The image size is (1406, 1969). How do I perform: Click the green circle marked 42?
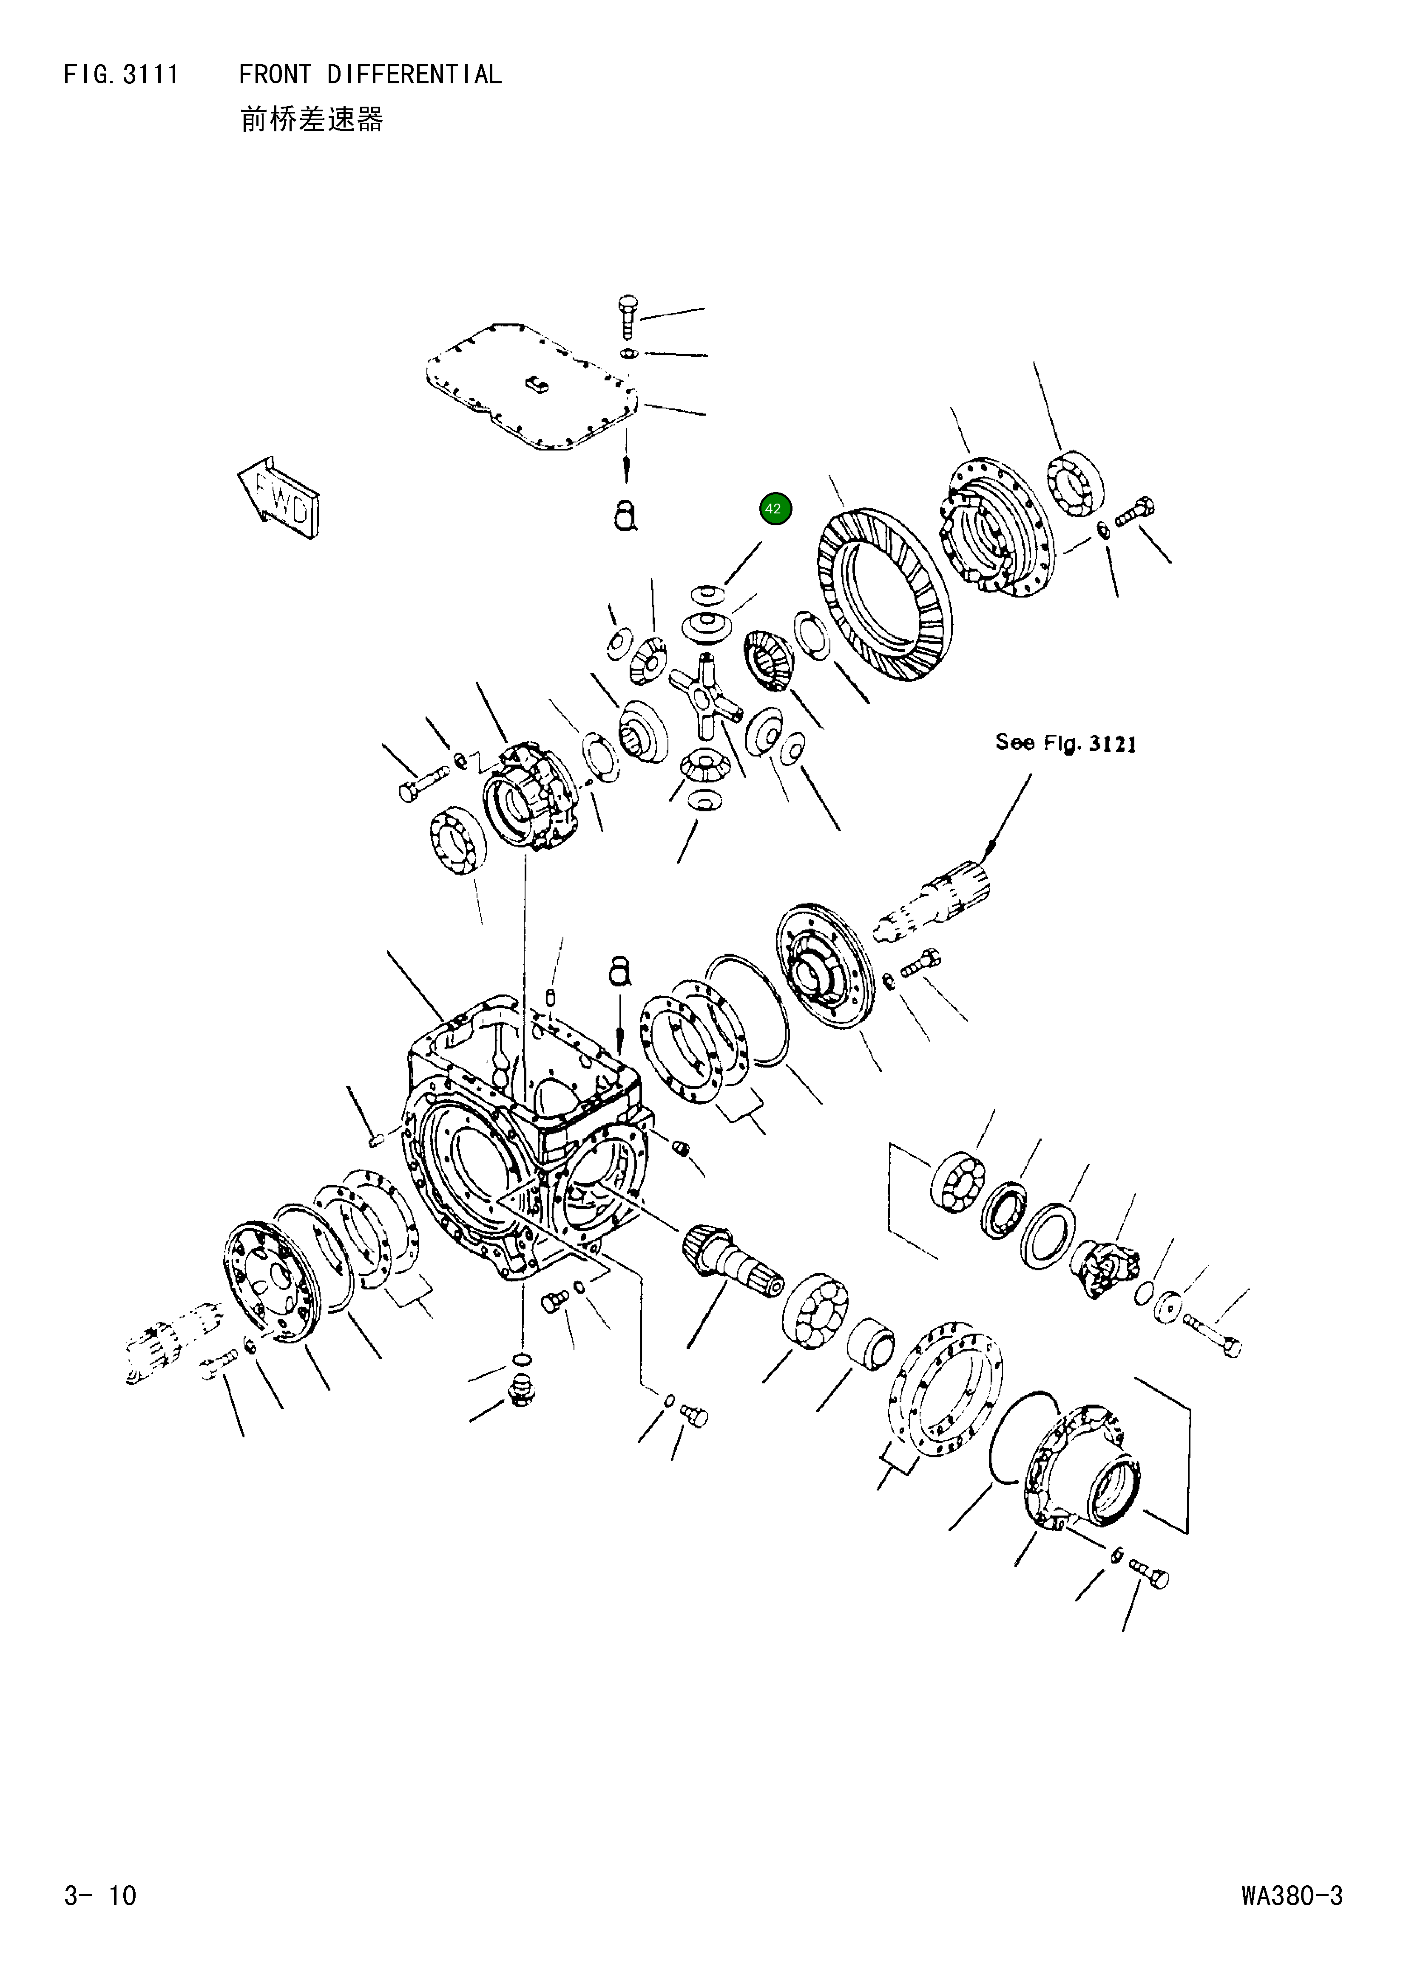775,509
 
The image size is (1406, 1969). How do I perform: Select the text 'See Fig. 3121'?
1065,743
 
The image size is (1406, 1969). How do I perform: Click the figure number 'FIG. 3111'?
121,75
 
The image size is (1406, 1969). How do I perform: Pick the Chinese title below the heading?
312,120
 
